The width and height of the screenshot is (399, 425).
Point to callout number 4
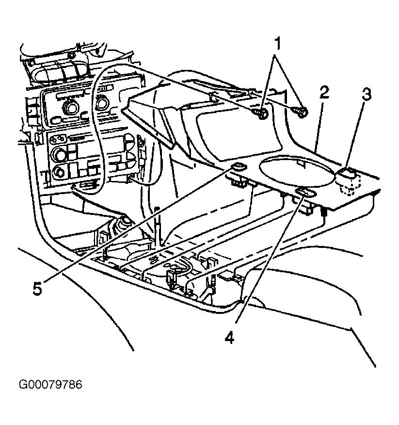(229, 338)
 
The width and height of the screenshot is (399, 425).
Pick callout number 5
(37, 288)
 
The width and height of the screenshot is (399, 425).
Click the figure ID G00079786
(50, 384)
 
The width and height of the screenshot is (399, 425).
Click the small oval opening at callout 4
(306, 193)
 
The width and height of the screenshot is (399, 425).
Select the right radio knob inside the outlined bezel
(103, 103)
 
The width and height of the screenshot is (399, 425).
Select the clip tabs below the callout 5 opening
(239, 183)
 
